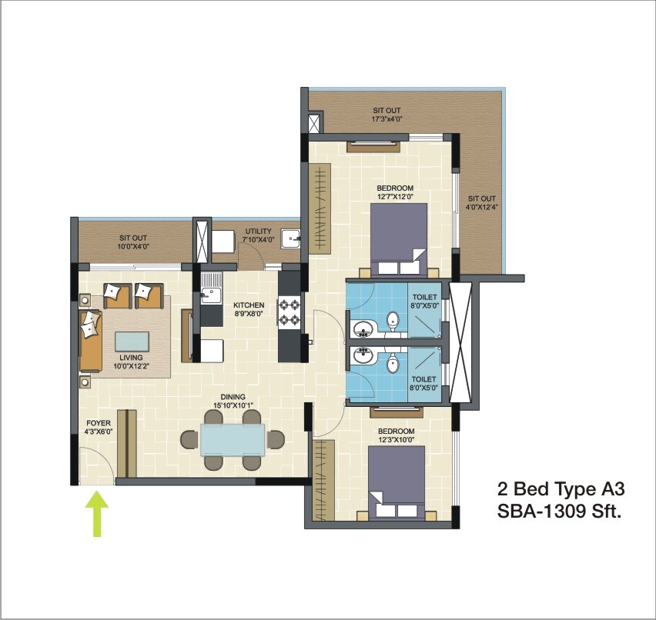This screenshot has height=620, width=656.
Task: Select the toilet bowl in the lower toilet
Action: tap(393, 364)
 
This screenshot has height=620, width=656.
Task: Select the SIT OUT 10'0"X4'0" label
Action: tap(134, 242)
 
